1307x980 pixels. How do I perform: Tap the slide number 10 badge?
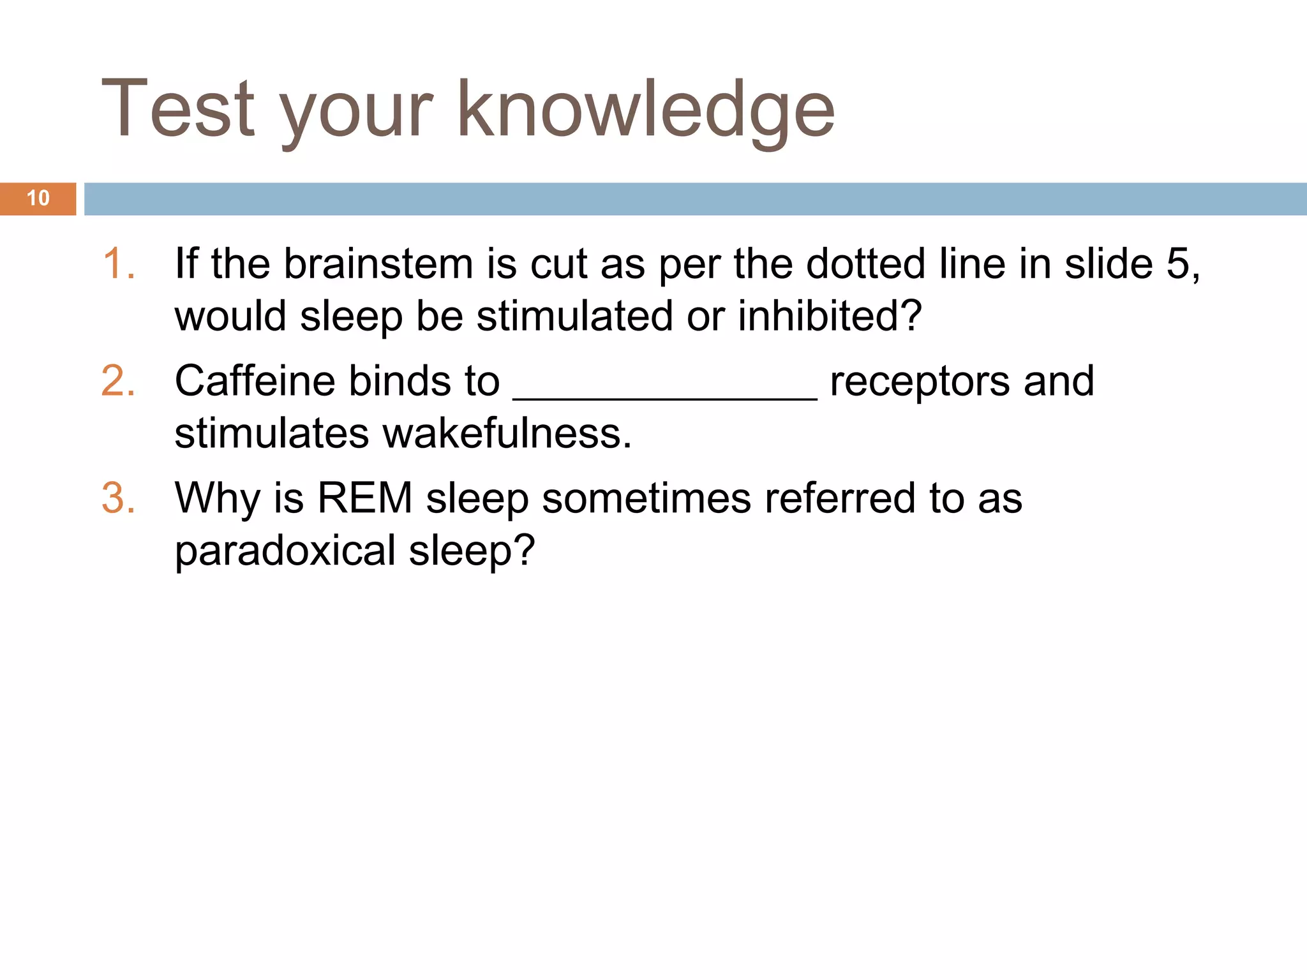pyautogui.click(x=38, y=198)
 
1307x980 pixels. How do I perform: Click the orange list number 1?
pyautogui.click(x=119, y=264)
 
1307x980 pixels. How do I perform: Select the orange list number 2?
pyautogui.click(x=119, y=381)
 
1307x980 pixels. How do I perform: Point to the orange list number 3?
pyautogui.click(x=119, y=498)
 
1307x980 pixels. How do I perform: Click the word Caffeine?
pyautogui.click(x=255, y=381)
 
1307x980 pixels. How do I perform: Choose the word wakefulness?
pyautogui.click(x=507, y=433)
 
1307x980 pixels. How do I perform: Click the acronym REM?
pyautogui.click(x=365, y=498)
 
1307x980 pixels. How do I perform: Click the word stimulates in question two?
pyautogui.click(x=272, y=433)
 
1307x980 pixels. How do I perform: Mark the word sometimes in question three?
pyautogui.click(x=646, y=498)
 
